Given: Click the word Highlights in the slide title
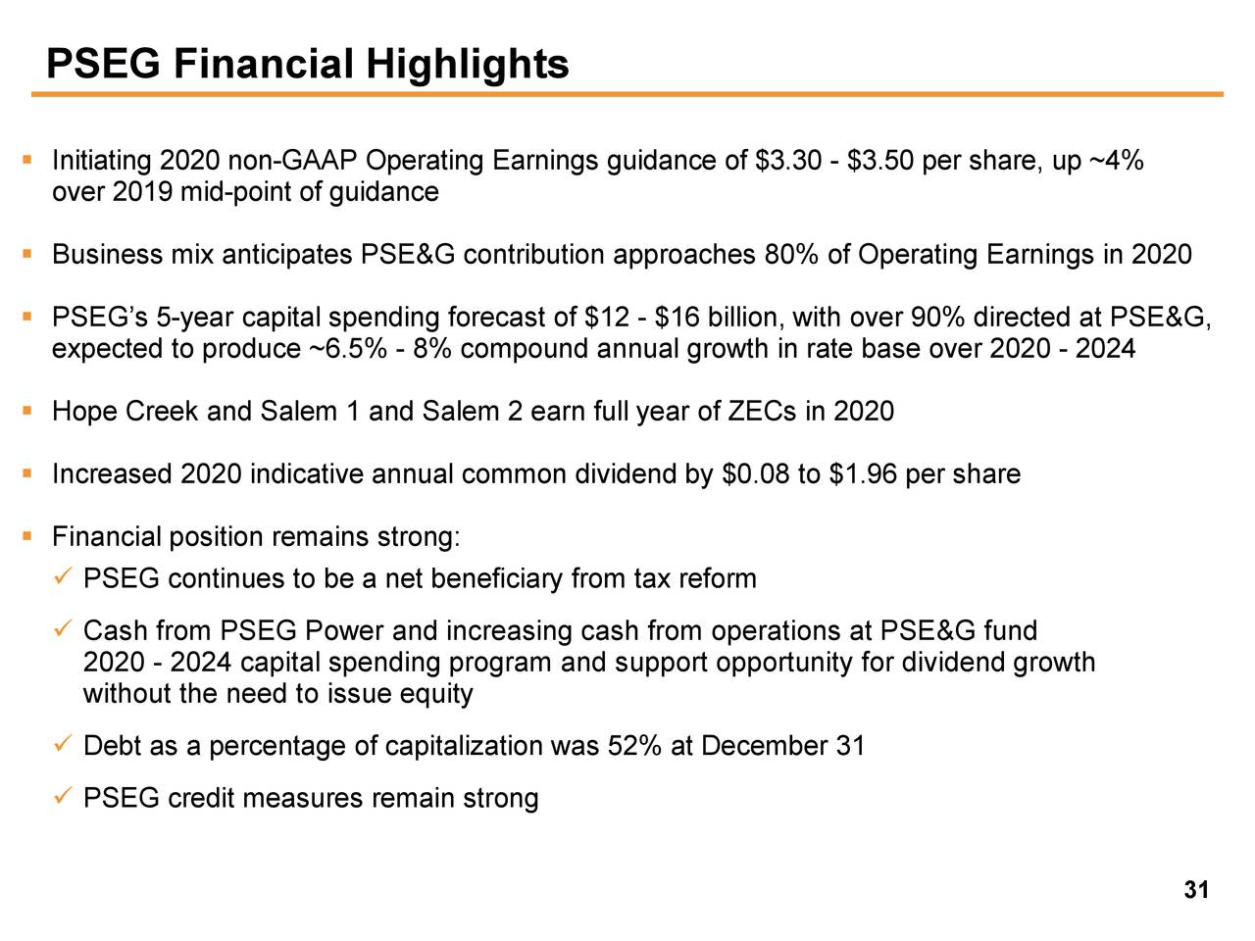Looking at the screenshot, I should click(x=468, y=65).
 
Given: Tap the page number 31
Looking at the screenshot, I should click(x=1196, y=890).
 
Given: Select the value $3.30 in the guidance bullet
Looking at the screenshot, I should click(x=789, y=161).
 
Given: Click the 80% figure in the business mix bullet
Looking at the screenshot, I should click(x=791, y=255).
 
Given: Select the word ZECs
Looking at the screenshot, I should click(x=762, y=412).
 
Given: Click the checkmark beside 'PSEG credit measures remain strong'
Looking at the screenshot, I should click(x=61, y=797).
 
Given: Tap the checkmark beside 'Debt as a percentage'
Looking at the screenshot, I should click(x=61, y=745).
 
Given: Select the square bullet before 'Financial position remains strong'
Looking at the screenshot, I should click(x=28, y=536).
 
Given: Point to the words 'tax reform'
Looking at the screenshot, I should click(x=695, y=579).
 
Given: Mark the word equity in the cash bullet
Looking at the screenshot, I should click(x=436, y=695).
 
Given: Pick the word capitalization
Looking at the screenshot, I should click(x=465, y=747).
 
